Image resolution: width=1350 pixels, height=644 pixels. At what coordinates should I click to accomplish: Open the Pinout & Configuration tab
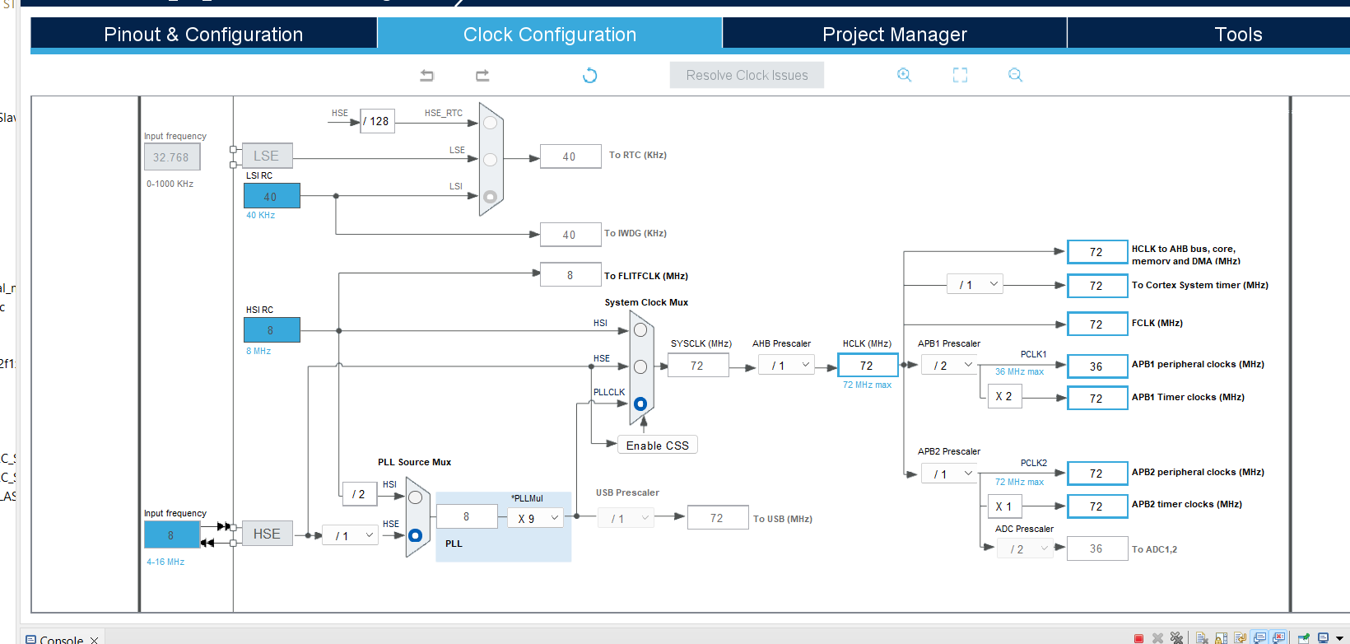pyautogui.click(x=203, y=35)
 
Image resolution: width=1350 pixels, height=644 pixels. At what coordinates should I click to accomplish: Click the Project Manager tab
pyautogui.click(x=894, y=35)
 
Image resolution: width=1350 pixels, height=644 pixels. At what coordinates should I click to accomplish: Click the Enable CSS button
pyautogui.click(x=657, y=446)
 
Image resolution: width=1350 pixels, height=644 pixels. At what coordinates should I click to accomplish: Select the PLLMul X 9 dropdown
pyautogui.click(x=536, y=518)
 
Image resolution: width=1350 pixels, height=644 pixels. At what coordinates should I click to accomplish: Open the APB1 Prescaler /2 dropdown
pyautogui.click(x=949, y=365)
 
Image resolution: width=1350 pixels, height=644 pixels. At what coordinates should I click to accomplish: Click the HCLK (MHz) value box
pyautogui.click(x=867, y=365)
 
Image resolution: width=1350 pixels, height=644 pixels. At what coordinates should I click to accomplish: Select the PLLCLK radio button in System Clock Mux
pyautogui.click(x=640, y=404)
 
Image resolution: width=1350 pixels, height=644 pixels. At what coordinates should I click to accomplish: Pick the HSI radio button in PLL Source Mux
pyautogui.click(x=415, y=497)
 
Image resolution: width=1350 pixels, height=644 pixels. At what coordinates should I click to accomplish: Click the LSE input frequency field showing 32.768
pyautogui.click(x=171, y=157)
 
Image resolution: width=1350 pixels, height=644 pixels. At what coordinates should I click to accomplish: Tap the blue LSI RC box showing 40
pyautogui.click(x=271, y=196)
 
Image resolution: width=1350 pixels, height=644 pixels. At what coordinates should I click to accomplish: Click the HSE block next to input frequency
pyautogui.click(x=267, y=534)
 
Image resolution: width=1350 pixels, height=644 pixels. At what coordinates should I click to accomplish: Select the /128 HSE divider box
pyautogui.click(x=377, y=121)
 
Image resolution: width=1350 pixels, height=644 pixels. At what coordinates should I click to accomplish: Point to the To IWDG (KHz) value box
pyautogui.click(x=570, y=235)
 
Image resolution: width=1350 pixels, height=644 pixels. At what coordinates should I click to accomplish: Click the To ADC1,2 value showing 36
pyautogui.click(x=1096, y=548)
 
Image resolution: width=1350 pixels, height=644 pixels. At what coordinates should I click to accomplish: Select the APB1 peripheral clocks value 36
pyautogui.click(x=1096, y=366)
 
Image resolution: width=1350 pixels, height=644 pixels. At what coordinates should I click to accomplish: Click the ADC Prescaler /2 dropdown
pyautogui.click(x=1025, y=548)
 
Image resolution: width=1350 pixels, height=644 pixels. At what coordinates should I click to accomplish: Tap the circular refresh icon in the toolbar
pyautogui.click(x=589, y=76)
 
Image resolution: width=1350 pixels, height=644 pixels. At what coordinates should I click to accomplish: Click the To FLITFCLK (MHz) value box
pyautogui.click(x=570, y=275)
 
